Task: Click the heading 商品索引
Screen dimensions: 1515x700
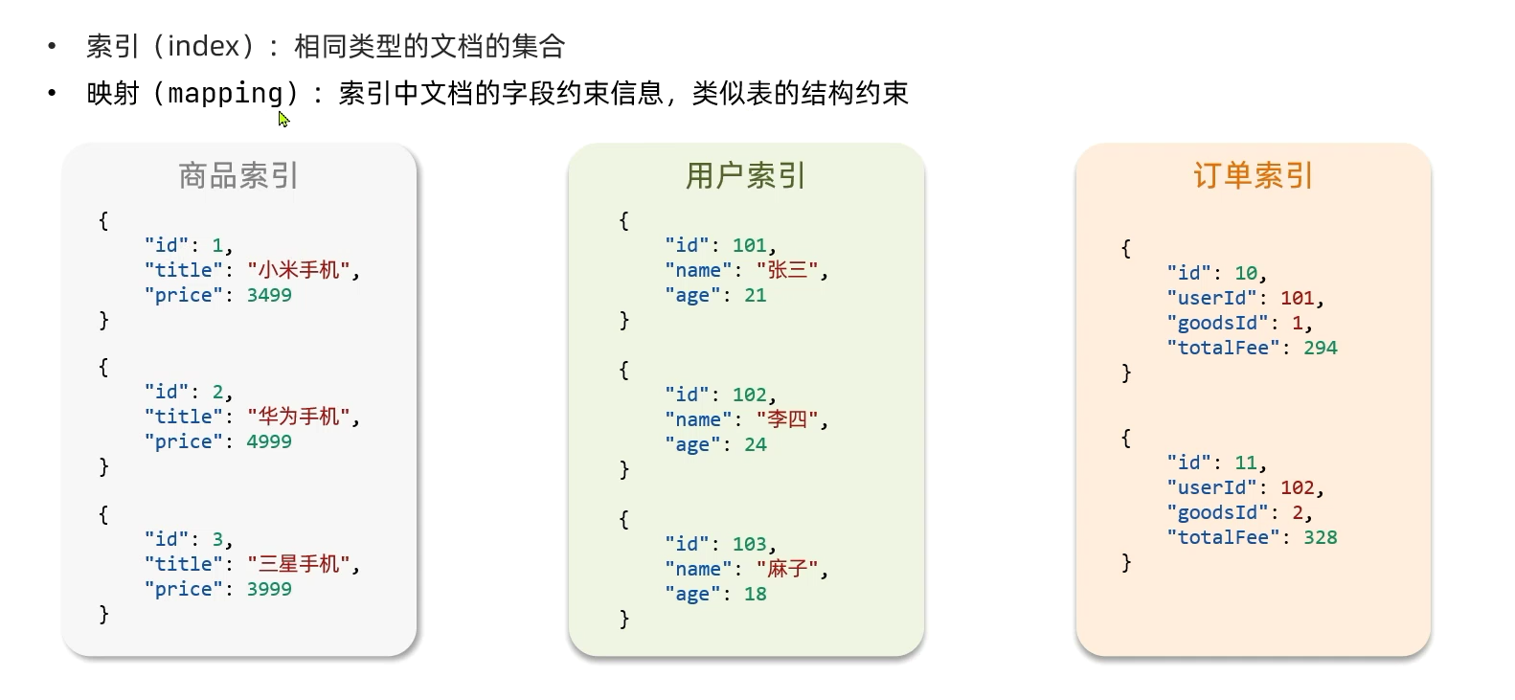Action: pyautogui.click(x=238, y=176)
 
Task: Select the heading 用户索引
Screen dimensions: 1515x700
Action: pyautogui.click(x=745, y=176)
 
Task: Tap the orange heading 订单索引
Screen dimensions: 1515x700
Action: pyautogui.click(x=1253, y=176)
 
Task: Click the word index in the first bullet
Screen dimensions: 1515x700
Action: pyautogui.click(x=203, y=46)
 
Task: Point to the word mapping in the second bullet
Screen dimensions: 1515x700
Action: pyautogui.click(x=226, y=94)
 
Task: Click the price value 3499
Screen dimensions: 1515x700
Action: pyautogui.click(x=269, y=295)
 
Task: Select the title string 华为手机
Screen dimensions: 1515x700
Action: pyautogui.click(x=299, y=417)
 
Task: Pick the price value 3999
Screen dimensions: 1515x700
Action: pyautogui.click(x=269, y=589)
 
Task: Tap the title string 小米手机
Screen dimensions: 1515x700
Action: pyautogui.click(x=299, y=270)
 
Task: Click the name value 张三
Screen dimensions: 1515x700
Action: pyautogui.click(x=787, y=270)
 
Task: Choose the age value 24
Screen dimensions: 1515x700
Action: pyautogui.click(x=756, y=444)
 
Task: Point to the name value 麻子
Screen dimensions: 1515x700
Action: pyautogui.click(x=787, y=569)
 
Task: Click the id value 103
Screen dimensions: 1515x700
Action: pyautogui.click(x=750, y=544)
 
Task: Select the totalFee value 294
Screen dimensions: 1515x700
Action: pyautogui.click(x=1320, y=348)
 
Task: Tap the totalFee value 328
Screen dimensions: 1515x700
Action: pyautogui.click(x=1320, y=537)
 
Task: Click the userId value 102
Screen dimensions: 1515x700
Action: pyautogui.click(x=1298, y=487)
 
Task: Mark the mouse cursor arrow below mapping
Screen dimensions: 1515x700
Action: pyautogui.click(x=283, y=119)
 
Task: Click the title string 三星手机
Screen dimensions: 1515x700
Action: pyautogui.click(x=299, y=564)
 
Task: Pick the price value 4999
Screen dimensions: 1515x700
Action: pyautogui.click(x=269, y=441)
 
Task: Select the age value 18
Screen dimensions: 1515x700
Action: pyautogui.click(x=756, y=594)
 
